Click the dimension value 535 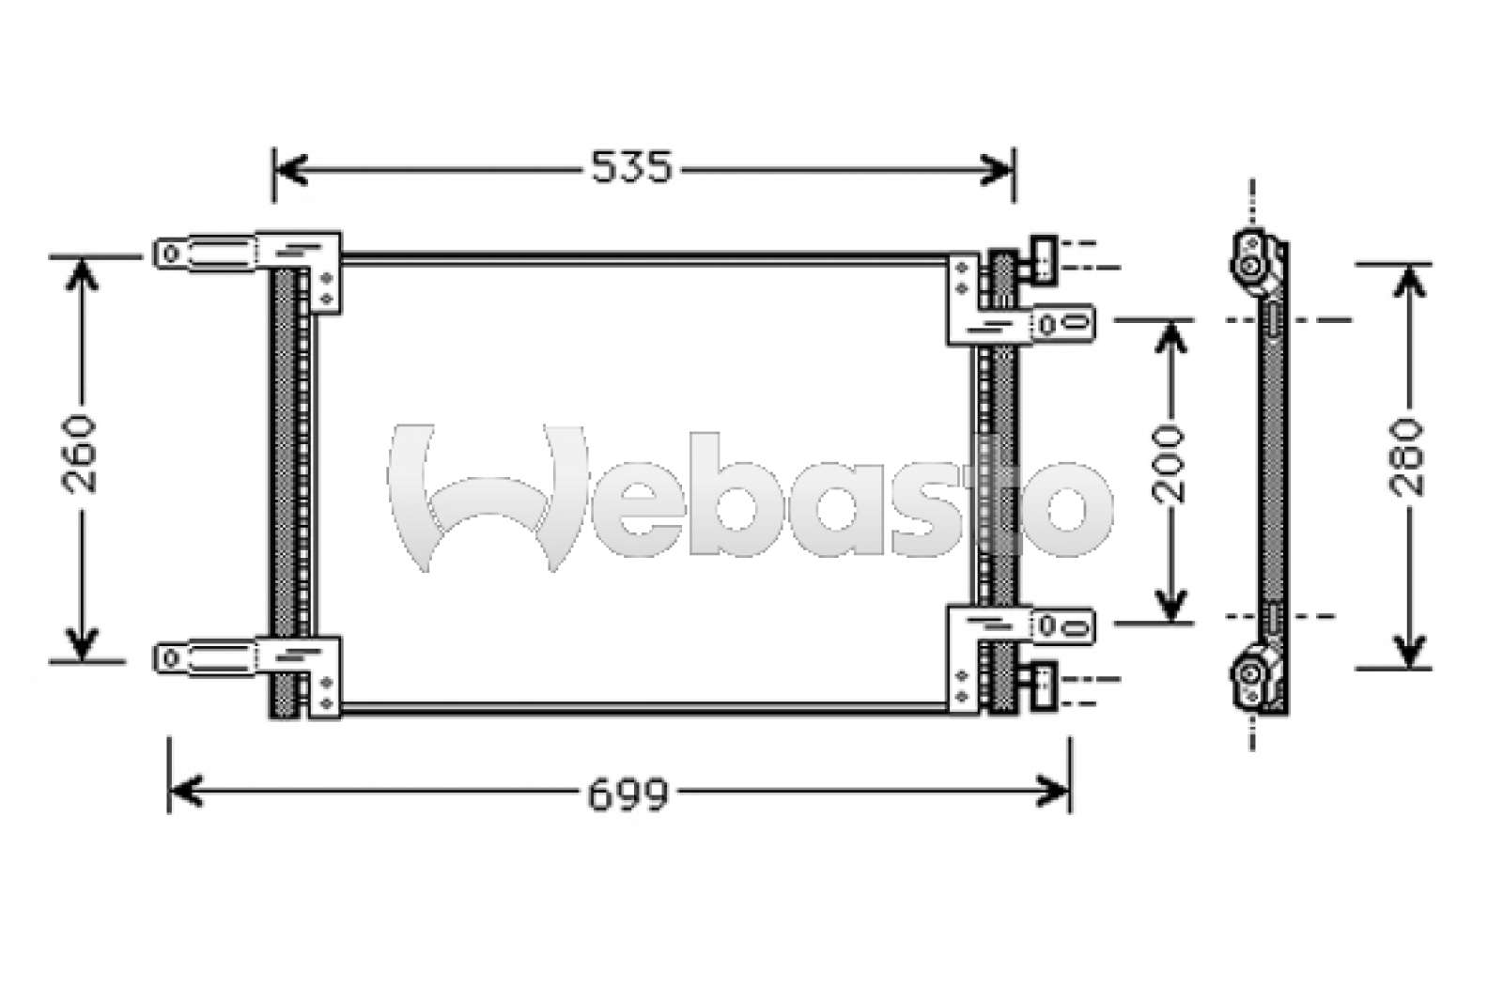(631, 168)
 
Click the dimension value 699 (628, 794)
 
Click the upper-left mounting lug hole (170, 252)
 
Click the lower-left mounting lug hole (170, 657)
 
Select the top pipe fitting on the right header (1044, 254)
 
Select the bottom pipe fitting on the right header (1044, 679)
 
